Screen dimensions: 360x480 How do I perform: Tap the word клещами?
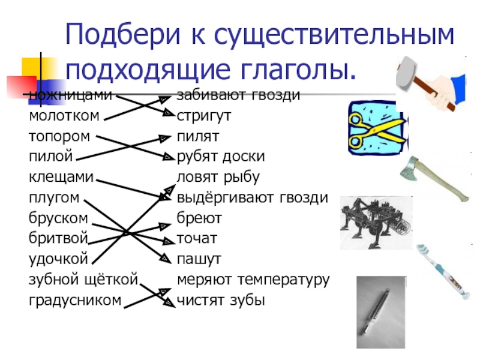click(x=61, y=177)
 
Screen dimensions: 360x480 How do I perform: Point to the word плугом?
click(x=55, y=197)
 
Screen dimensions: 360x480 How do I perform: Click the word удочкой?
click(x=59, y=259)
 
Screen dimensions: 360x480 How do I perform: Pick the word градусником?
click(x=75, y=299)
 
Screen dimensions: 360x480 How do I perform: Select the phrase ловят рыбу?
click(x=218, y=177)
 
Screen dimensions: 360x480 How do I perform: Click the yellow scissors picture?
click(x=378, y=129)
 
